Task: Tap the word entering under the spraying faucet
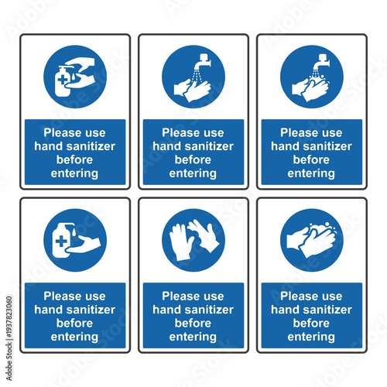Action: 193,173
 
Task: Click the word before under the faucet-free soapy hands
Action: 311,324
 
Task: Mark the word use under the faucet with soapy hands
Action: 332,132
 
